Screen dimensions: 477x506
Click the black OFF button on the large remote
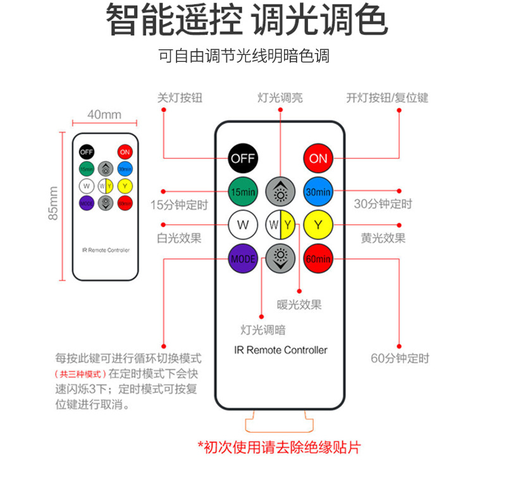(x=244, y=158)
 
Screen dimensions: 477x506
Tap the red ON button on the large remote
(x=318, y=158)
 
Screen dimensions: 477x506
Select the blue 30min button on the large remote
(x=318, y=191)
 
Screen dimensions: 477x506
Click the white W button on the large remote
(x=244, y=224)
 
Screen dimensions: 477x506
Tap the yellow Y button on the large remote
(x=318, y=224)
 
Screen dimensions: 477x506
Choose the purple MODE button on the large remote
(x=244, y=258)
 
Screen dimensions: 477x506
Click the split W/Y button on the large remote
(x=281, y=224)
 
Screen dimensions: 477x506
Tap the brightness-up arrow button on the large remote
(x=281, y=191)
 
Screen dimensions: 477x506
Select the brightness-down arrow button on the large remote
(x=281, y=258)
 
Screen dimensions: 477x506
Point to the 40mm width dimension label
(x=104, y=114)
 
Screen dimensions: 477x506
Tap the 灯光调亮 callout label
(x=280, y=98)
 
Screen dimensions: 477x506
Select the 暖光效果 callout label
(x=299, y=305)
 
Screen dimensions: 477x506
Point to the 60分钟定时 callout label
(x=400, y=358)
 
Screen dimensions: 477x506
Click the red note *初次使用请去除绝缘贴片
(x=279, y=447)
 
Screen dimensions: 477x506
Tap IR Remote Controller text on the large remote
(x=281, y=349)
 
